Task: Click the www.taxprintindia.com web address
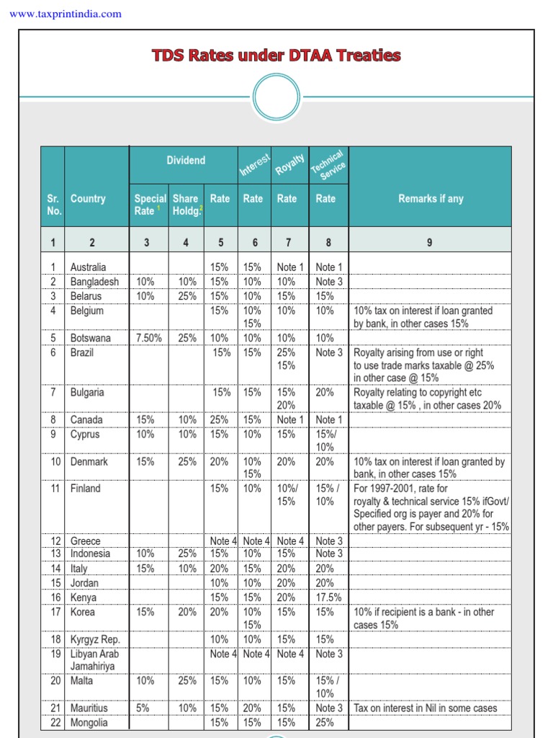66,14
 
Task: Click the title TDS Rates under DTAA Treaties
276,55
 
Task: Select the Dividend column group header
186,161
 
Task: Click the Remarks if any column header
431,199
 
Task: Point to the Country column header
88,199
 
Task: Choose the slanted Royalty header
289,164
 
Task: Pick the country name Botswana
91,338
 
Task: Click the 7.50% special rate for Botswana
149,338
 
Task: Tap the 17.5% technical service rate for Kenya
328,597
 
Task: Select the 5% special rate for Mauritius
143,708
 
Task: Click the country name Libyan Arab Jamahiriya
94,660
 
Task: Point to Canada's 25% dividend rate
220,419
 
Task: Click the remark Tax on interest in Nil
425,708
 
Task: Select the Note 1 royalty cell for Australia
290,267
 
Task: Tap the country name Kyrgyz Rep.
95,639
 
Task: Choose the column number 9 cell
429,243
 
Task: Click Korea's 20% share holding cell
187,612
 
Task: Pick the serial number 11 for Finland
55,489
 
